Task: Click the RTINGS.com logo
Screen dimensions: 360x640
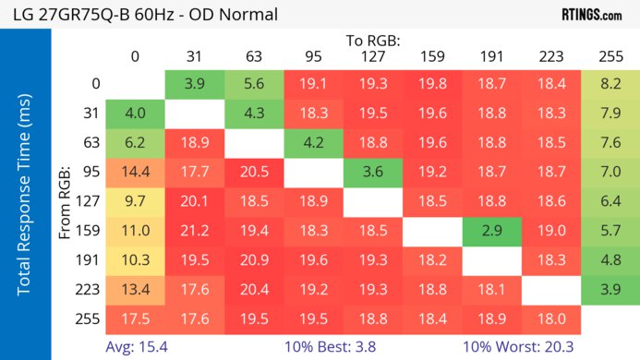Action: click(x=591, y=15)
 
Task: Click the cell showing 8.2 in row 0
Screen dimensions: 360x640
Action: click(x=610, y=83)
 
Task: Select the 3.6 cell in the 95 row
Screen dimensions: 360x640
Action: click(x=373, y=173)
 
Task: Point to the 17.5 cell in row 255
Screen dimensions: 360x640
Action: click(x=135, y=319)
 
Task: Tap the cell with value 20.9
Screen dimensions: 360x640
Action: click(x=254, y=261)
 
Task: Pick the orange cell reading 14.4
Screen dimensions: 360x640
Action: click(x=135, y=173)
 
